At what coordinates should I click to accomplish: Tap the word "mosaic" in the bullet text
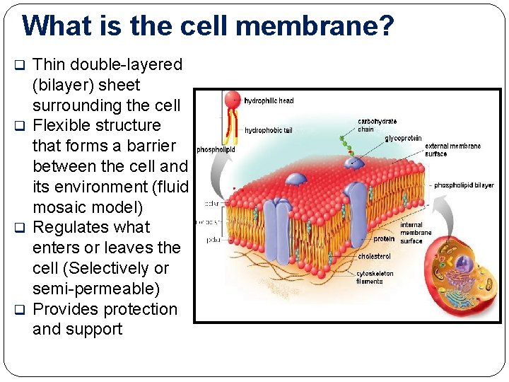[61, 207]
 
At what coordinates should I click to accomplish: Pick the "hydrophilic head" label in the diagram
[269, 101]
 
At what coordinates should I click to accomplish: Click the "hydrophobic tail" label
[268, 130]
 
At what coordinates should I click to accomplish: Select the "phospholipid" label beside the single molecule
[216, 150]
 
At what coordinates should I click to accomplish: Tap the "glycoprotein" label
[403, 139]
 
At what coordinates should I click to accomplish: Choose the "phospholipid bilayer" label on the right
[464, 185]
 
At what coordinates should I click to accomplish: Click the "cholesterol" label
[374, 256]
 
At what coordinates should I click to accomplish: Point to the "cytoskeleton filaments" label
[374, 277]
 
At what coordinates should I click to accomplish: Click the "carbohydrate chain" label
[376, 125]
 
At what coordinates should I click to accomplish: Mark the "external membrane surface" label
[452, 150]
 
